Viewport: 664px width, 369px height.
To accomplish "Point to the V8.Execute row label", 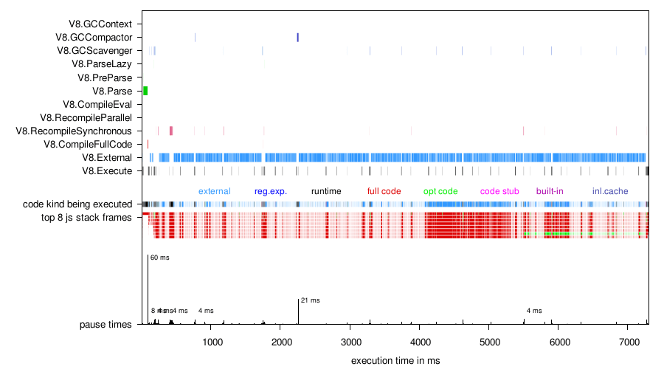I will pos(107,170).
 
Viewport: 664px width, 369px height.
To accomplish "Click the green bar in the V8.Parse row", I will pos(145,91).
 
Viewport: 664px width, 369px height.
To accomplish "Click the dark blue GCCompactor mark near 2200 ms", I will pos(297,38).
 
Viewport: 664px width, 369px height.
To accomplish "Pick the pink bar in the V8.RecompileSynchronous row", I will pos(170,131).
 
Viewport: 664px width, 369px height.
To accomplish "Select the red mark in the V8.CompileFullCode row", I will pos(148,144).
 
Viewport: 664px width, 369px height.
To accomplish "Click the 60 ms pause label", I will pos(159,258).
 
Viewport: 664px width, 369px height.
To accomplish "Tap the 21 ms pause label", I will pos(310,300).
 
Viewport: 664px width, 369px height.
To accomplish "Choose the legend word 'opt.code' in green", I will pos(440,191).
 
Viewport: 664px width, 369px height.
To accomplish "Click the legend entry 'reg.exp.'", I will pos(270,191).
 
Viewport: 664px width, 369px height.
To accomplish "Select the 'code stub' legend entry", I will pos(499,191).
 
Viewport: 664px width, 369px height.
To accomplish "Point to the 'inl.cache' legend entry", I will pos(610,191).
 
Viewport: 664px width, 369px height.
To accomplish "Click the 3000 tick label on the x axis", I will pos(351,342).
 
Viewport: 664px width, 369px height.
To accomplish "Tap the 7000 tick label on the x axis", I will pos(628,342).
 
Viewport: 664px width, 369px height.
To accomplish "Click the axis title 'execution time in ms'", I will pos(395,359).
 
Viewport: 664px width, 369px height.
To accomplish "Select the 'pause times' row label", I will pos(106,324).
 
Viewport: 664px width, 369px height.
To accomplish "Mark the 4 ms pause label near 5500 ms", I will pos(534,311).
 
